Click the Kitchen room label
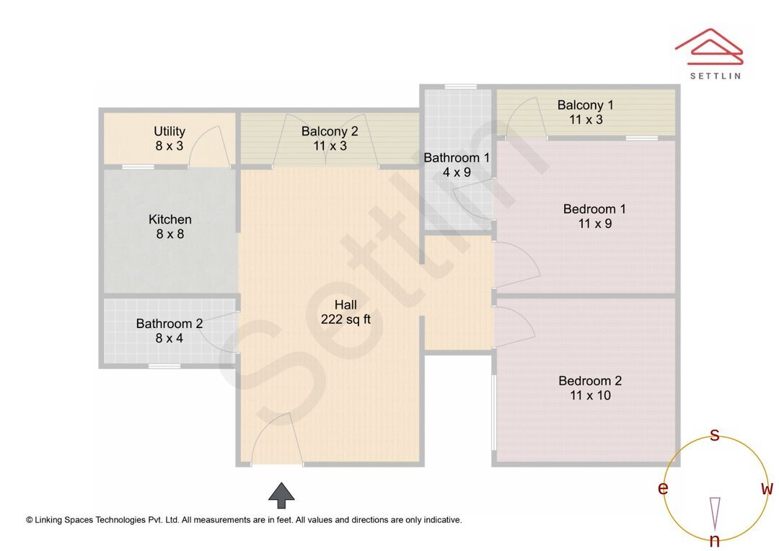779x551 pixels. pos(170,220)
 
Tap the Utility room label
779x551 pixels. pos(170,131)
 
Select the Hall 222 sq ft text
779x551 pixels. pos(346,312)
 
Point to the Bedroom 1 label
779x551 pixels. pos(594,209)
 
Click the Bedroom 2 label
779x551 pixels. pos(590,381)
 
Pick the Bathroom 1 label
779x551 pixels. pos(457,158)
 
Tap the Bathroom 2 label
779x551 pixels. pos(170,324)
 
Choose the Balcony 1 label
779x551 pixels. pos(585,105)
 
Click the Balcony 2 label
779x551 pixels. pos(330,131)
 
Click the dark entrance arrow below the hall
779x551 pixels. pos(281,495)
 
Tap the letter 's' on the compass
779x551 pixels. pos(715,434)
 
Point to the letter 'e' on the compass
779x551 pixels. pos(662,488)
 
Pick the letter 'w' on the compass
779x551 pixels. pos(767,488)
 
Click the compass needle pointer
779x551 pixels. pos(715,513)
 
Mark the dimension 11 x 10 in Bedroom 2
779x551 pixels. pos(590,395)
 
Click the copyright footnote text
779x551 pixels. pos(244,519)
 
